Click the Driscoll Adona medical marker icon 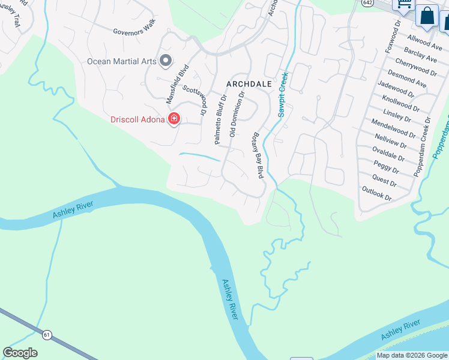coord(174,119)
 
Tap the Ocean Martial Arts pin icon coord(166,61)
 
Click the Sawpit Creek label coord(283,94)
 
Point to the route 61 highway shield coord(46,333)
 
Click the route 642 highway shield coord(367,3)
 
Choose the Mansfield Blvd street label coord(178,82)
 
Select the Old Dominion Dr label coord(238,114)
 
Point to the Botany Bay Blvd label coord(258,155)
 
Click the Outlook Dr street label coord(376,193)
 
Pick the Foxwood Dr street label coord(393,37)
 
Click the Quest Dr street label coord(384,179)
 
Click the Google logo coord(20,353)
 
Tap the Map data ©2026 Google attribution coord(412,356)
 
